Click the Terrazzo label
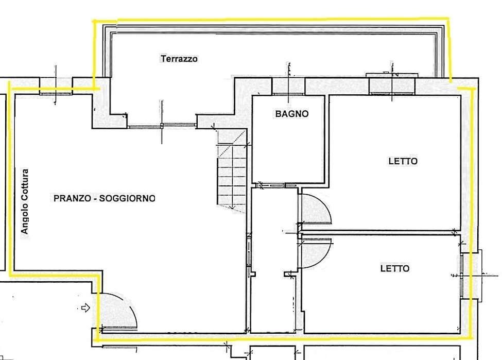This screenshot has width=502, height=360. pos(179,59)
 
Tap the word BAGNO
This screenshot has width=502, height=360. pos(291,114)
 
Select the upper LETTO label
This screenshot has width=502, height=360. pos(403,161)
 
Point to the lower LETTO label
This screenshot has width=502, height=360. pos(395,268)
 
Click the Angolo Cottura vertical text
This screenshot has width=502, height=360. pos(25,202)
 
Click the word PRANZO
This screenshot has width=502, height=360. pos(71,198)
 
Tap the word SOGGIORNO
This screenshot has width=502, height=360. pos(127,198)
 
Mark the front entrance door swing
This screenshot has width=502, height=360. pos(116,311)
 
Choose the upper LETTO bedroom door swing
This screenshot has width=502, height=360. pos(314,209)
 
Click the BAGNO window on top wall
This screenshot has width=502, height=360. pos(288,94)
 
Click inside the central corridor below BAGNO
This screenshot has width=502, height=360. pos(270,258)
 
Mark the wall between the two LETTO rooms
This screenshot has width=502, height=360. pos(381,231)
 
